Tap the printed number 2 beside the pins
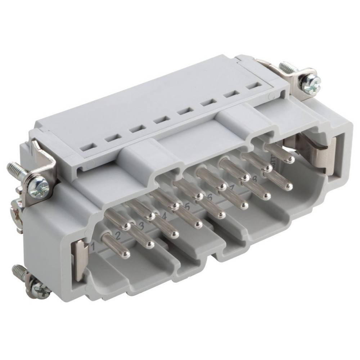point(117,237)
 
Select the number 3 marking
point(141,226)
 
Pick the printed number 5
point(187,207)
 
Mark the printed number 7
point(232,188)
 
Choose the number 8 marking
point(255,178)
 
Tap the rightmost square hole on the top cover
point(254,87)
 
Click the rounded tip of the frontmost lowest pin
point(126,255)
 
